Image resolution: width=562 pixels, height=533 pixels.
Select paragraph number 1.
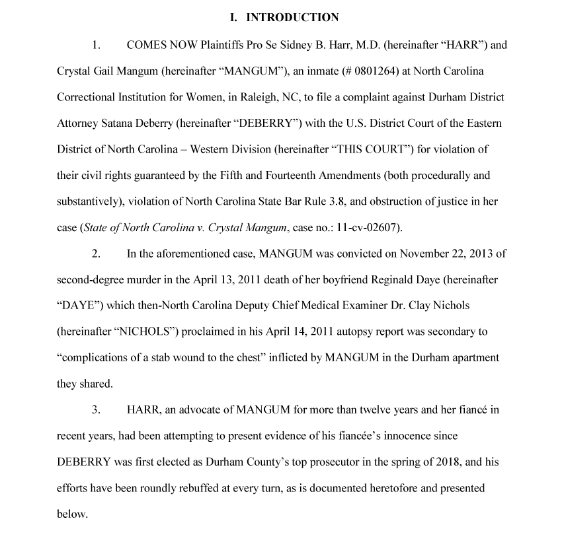(x=96, y=46)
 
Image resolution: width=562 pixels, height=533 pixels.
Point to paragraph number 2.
(x=96, y=254)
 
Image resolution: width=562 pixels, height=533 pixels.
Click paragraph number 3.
(x=96, y=410)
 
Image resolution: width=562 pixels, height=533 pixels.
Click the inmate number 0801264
(x=339, y=71)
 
